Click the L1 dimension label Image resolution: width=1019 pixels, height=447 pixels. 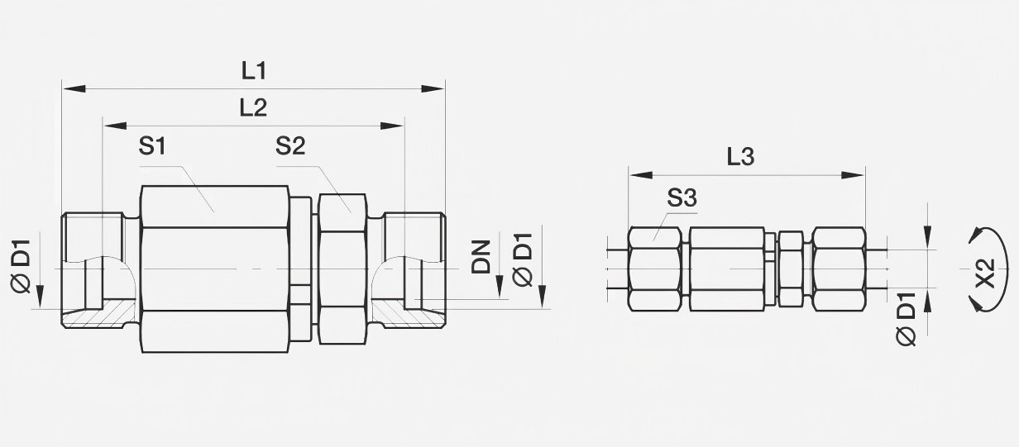(254, 72)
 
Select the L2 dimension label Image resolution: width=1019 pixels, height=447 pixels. (253, 108)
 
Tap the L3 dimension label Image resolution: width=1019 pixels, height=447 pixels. (740, 157)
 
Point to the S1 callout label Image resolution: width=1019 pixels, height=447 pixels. (152, 146)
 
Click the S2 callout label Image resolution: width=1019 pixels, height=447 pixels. (290, 146)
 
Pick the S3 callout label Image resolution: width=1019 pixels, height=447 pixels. (682, 198)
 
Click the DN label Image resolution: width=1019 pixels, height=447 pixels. (481, 257)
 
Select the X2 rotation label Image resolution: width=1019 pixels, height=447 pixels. (985, 273)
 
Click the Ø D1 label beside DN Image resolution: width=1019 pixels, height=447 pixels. (522, 259)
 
